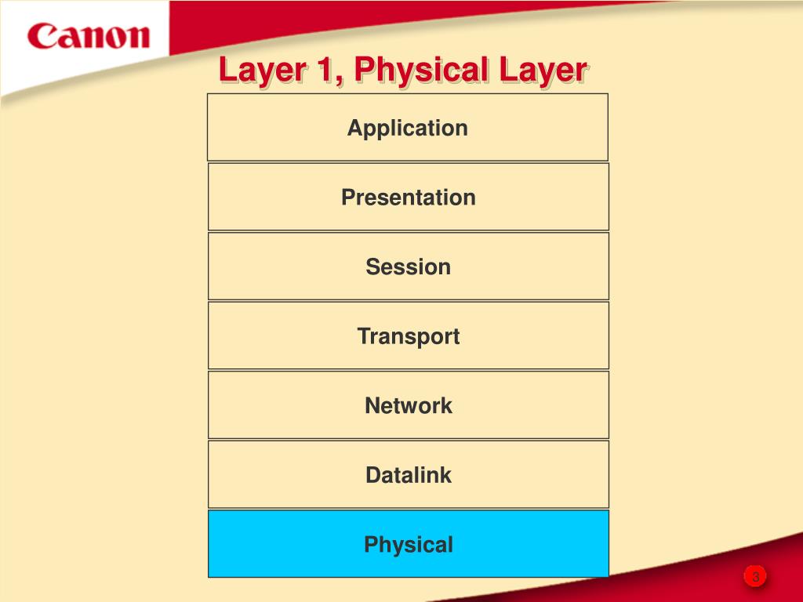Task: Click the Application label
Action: pos(408,128)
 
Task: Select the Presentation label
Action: pos(408,198)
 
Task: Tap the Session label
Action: pos(408,267)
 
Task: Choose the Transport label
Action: pos(408,336)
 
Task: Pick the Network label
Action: pos(408,405)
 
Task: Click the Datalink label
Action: pos(408,475)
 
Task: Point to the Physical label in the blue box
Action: pos(408,545)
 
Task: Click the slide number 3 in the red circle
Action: pos(755,578)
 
